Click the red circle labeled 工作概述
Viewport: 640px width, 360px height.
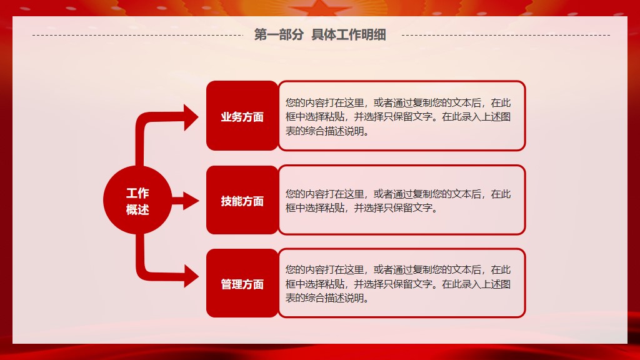[x=137, y=200]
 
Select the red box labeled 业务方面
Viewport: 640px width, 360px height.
[x=242, y=116]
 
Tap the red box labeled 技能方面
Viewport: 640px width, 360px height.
[x=242, y=200]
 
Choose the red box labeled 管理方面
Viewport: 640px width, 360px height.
[x=242, y=283]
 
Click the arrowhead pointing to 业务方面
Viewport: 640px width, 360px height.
[x=191, y=117]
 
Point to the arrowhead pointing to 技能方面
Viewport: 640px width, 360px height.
[x=191, y=201]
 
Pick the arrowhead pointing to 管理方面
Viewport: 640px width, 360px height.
[x=191, y=276]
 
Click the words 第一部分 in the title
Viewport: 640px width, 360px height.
[x=279, y=35]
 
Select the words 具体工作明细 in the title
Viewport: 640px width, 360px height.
[x=349, y=35]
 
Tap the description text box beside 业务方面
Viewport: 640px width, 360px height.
[x=402, y=116]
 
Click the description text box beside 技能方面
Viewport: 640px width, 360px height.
[x=402, y=200]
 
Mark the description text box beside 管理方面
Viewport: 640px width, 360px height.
[x=402, y=283]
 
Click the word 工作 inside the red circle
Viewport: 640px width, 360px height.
[x=137, y=193]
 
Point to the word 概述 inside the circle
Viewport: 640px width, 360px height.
[x=137, y=210]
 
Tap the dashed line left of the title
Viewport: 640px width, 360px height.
[x=138, y=35]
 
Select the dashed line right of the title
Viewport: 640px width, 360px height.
[x=506, y=35]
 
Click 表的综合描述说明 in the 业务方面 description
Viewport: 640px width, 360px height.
[x=327, y=131]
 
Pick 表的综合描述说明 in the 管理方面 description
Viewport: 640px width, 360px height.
[x=327, y=298]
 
